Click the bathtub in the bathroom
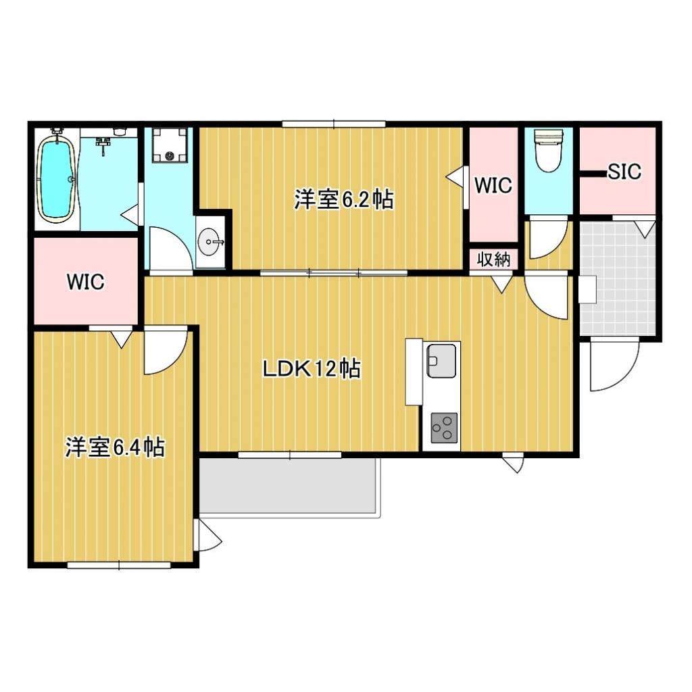[x=55, y=178]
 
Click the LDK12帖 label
[x=311, y=369]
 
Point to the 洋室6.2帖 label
[x=344, y=199]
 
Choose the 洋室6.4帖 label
[x=115, y=447]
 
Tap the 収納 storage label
[x=495, y=259]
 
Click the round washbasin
[x=210, y=241]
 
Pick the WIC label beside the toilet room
[x=493, y=185]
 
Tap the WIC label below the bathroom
[x=85, y=282]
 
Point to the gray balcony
[x=289, y=487]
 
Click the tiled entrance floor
[x=617, y=278]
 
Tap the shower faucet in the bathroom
[x=103, y=144]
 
